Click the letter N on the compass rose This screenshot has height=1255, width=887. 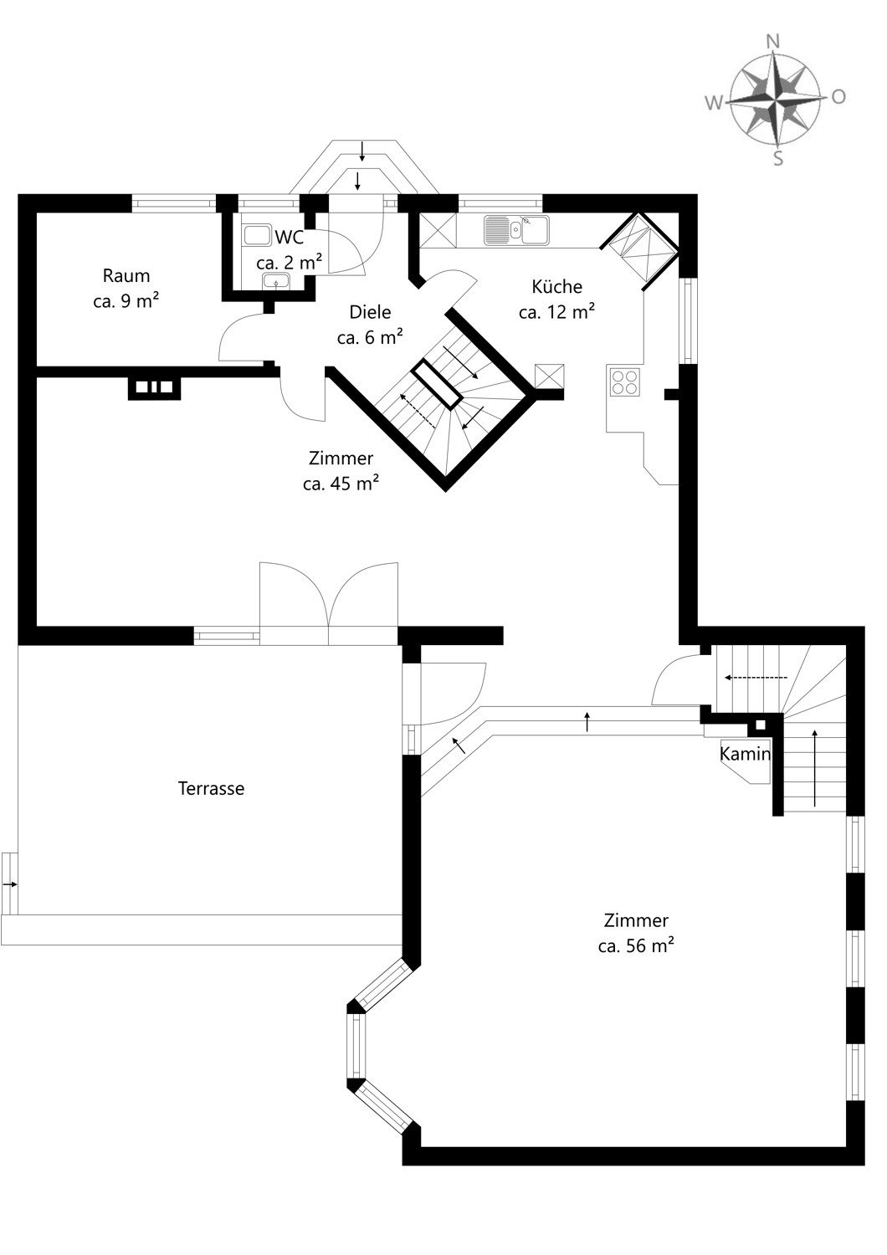click(x=774, y=42)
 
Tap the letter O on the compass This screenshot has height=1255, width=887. click(x=838, y=98)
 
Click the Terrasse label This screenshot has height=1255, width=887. click(x=211, y=788)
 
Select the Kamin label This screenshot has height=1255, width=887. click(x=746, y=754)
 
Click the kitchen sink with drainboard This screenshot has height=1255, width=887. click(x=516, y=230)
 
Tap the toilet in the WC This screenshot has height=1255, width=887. click(x=258, y=235)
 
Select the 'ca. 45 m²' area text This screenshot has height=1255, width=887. click(x=341, y=484)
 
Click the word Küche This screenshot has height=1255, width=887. click(x=557, y=287)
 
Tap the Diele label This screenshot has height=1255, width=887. click(x=370, y=312)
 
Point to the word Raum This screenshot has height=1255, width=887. click(x=126, y=275)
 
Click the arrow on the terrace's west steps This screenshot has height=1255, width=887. click(x=10, y=884)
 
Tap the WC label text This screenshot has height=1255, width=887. click(x=290, y=238)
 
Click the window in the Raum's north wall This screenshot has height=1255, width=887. click(x=174, y=202)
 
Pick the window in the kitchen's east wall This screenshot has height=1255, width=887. click(x=688, y=321)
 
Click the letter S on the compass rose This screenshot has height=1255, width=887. click(x=778, y=159)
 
